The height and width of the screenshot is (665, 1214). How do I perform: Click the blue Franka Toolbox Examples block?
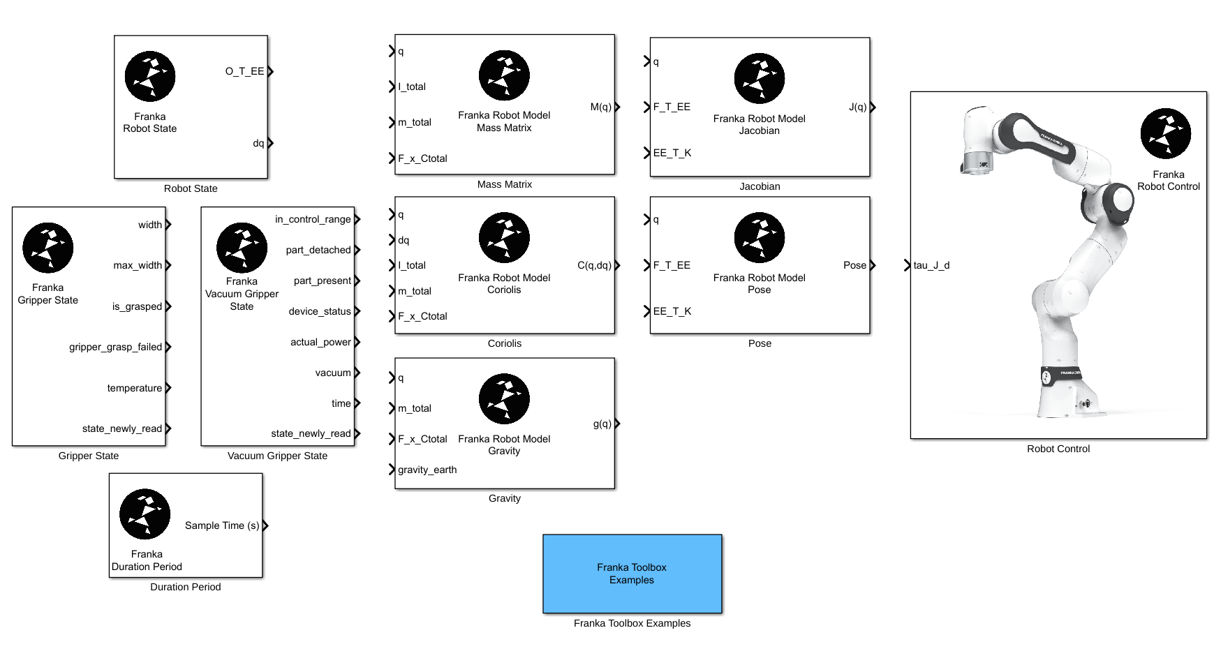coord(632,574)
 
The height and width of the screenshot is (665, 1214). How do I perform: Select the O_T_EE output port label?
coord(244,71)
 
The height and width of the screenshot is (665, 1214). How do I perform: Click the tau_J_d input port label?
coord(931,265)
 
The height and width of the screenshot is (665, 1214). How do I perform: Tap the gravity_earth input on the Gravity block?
coord(427,470)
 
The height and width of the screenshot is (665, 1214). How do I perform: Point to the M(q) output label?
coord(600,107)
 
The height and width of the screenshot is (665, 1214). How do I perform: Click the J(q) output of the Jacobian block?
coord(857,107)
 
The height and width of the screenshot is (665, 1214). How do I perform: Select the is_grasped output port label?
coord(137,306)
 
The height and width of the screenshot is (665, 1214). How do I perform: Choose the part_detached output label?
coord(318,250)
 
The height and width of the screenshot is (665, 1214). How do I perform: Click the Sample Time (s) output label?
coord(221,525)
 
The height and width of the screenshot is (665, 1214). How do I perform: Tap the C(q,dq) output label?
coord(594,265)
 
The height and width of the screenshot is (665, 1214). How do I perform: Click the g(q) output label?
coord(602,424)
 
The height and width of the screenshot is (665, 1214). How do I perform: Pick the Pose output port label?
coord(854,265)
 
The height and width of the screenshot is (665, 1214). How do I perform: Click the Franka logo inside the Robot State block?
coord(150,76)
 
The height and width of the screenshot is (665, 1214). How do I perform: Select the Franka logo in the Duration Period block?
coord(145,514)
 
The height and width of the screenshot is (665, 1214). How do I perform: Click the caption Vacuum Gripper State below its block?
coord(277,456)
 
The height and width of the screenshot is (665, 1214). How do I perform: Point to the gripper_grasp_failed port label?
coord(115,347)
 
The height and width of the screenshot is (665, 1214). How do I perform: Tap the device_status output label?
coord(319,311)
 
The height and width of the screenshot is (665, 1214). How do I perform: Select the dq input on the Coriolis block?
coord(404,240)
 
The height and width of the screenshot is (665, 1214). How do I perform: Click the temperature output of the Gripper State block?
coord(134,388)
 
